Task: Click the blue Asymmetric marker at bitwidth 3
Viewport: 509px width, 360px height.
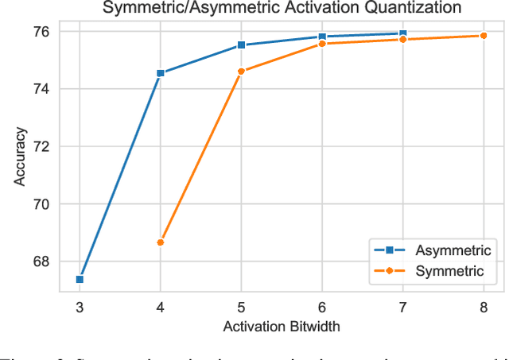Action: (x=80, y=279)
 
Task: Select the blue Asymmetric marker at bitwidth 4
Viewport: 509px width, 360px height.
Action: (x=161, y=73)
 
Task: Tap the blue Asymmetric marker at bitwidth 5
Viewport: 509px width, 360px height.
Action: (x=241, y=45)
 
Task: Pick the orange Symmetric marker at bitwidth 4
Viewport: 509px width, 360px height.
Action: (x=161, y=242)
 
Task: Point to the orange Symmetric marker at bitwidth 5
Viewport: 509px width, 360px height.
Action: (x=241, y=72)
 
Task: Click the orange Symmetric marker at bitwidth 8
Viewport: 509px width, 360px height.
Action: (x=483, y=36)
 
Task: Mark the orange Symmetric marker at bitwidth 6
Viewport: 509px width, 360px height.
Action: (x=322, y=44)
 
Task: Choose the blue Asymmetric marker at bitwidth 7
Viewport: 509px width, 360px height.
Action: (x=402, y=33)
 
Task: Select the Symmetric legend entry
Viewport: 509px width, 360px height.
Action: (x=451, y=271)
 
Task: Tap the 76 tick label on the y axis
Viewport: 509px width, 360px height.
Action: (x=42, y=32)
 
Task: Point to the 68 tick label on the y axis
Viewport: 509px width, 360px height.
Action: (x=42, y=261)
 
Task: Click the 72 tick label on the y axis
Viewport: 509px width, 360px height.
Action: (x=42, y=147)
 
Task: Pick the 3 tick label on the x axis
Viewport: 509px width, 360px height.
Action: (x=80, y=308)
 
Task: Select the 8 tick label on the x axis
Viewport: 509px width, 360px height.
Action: (x=483, y=308)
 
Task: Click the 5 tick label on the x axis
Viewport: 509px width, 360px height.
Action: (x=241, y=308)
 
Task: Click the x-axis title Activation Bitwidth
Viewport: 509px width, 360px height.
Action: (x=281, y=327)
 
